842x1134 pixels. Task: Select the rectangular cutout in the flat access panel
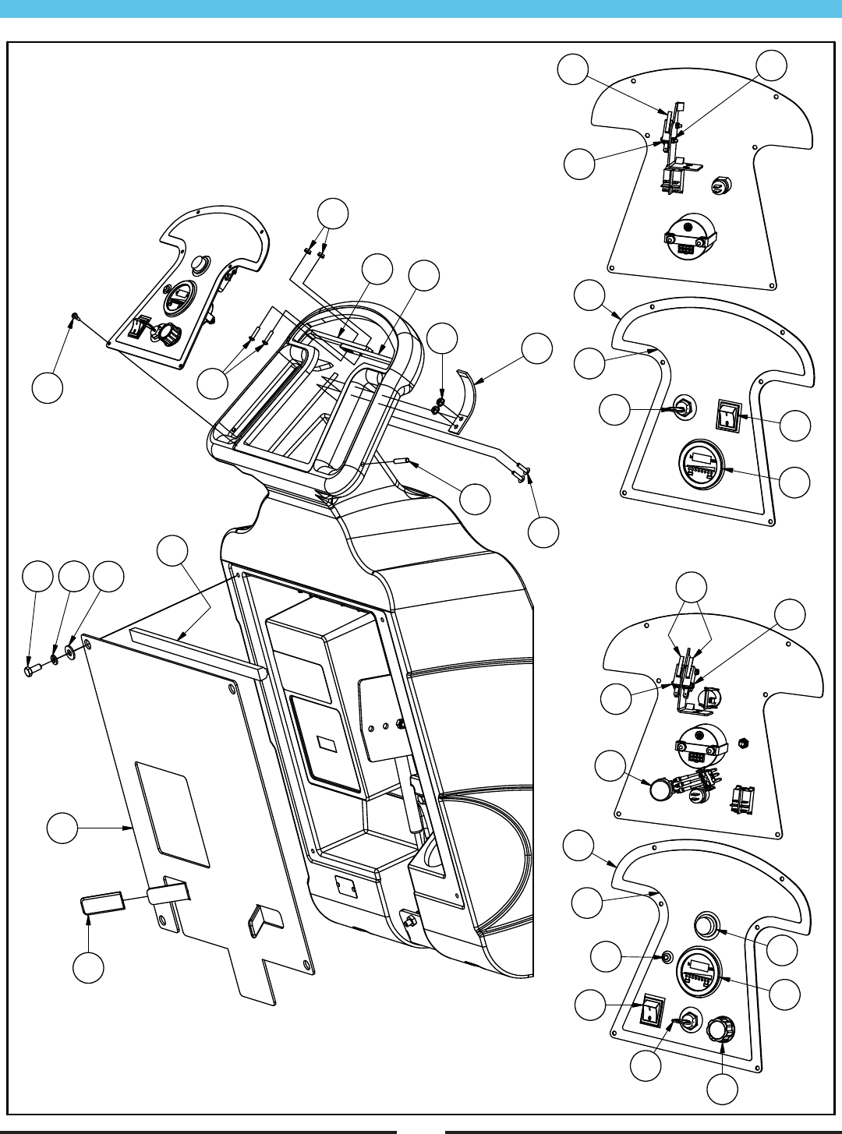(172, 814)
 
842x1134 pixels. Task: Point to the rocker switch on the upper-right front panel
(728, 415)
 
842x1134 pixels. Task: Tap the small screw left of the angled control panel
(73, 316)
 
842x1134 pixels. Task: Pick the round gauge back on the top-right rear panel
(688, 235)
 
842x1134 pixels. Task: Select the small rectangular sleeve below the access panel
(102, 903)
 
